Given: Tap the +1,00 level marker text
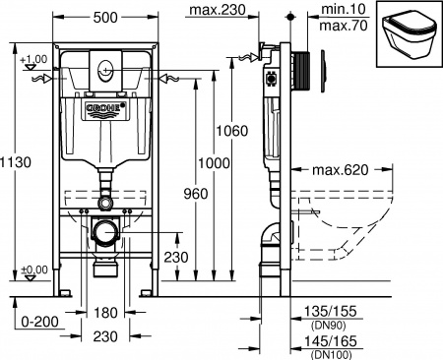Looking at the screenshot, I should (33, 59).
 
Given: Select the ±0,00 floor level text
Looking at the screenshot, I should (33, 270).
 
